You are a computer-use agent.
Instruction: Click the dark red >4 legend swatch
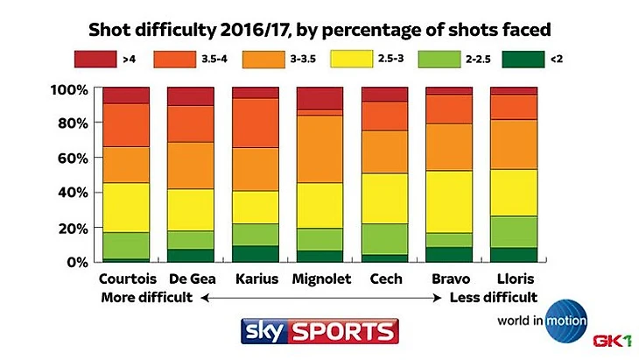95,60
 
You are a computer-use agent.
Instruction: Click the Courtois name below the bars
126,279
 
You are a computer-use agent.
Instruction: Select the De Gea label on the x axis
191,279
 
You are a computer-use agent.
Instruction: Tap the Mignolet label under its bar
320,279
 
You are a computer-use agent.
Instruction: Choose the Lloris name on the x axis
514,279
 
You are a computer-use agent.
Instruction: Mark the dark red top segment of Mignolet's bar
320,98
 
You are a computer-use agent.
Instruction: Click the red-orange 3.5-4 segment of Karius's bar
256,123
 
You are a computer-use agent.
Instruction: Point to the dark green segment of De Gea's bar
191,255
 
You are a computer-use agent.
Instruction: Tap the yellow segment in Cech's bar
384,198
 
